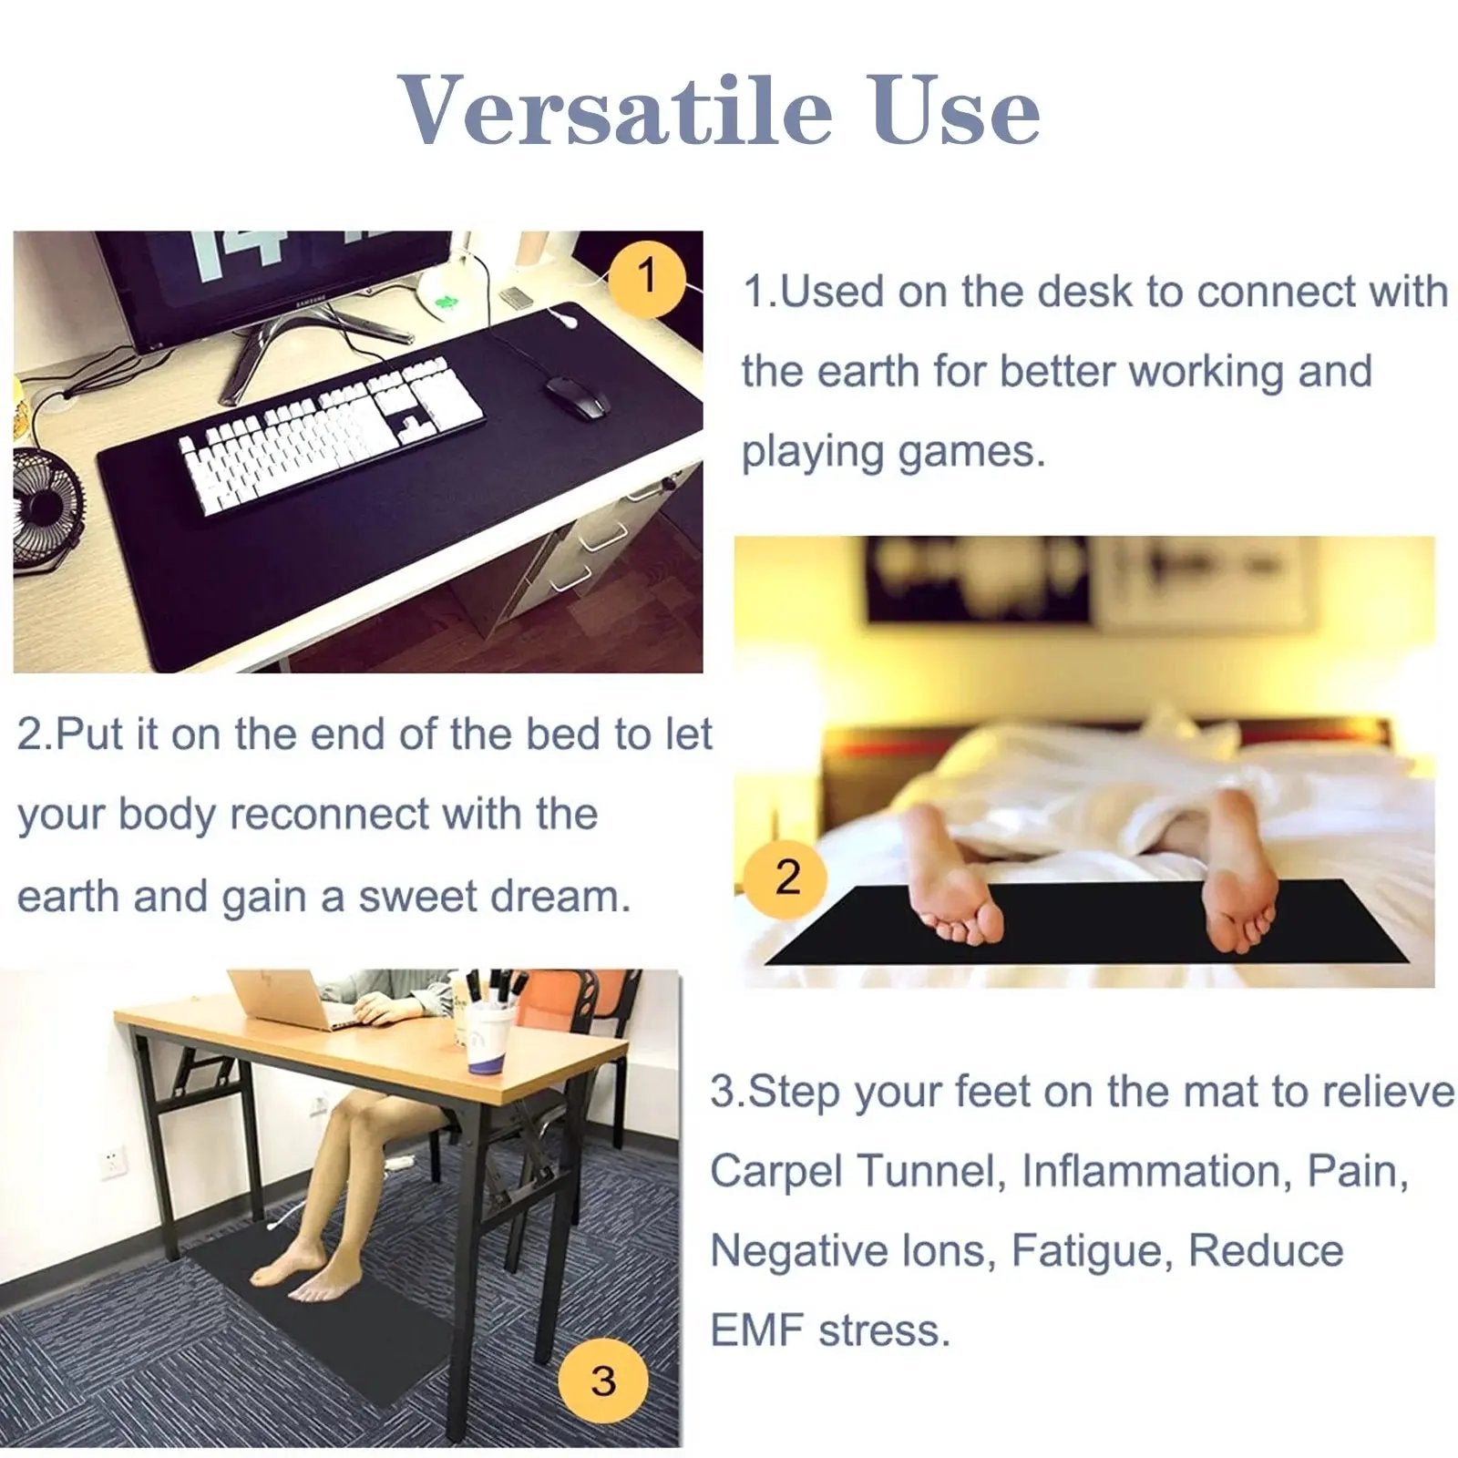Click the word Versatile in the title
pos(616,111)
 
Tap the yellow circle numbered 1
pos(647,274)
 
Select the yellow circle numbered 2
pos(787,876)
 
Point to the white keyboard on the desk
pos(333,433)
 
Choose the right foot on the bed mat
pos(1239,875)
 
